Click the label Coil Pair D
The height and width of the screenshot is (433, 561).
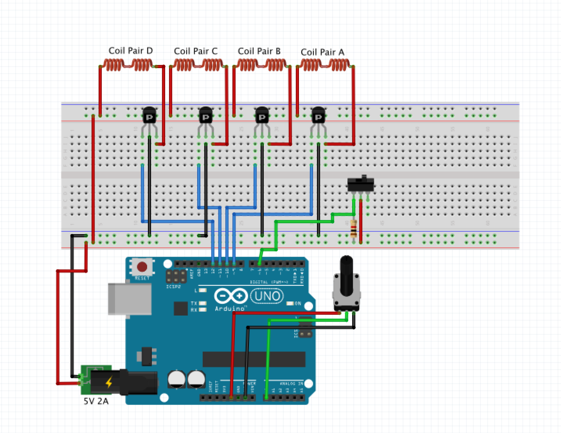pos(130,51)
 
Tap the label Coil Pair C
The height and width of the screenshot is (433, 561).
pos(196,51)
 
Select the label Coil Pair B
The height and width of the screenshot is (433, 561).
pos(259,51)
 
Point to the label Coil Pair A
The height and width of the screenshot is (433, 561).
pos(322,52)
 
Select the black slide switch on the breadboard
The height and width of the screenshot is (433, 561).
pos(361,184)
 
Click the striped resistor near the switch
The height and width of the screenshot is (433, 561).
pos(353,229)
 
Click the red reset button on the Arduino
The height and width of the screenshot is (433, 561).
pos(142,267)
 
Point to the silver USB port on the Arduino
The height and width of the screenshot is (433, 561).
pos(130,299)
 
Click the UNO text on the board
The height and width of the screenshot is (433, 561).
pos(267,296)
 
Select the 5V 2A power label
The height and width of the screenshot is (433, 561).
pos(96,401)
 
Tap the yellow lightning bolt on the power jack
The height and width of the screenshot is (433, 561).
pos(109,382)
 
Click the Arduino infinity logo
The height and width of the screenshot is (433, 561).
pos(231,296)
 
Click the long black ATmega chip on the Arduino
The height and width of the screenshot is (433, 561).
pos(254,359)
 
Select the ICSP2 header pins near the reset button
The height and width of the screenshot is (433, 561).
pos(176,277)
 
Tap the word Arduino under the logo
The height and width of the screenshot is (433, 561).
pos(229,309)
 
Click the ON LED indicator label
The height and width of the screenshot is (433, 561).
pos(298,304)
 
